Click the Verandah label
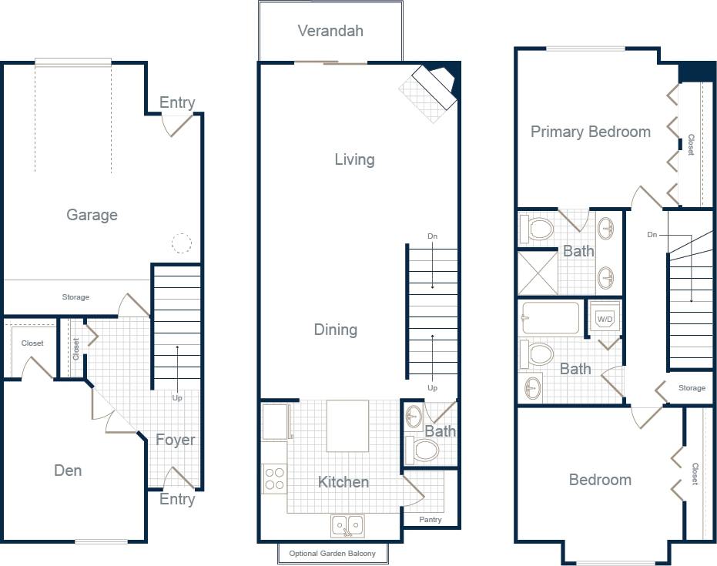pos(330,32)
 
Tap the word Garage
pos(92,215)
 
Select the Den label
pos(68,471)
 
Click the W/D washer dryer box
pos(605,318)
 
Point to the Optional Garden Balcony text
pos(332,554)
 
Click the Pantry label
pos(431,520)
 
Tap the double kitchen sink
pos(347,526)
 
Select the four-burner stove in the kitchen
pos(274,478)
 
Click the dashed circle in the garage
pos(180,244)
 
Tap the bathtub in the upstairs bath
pos(551,317)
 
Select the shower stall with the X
pos(538,273)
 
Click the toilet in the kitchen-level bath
pos(424,450)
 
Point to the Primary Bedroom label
pos(591,132)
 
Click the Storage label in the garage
pos(75,297)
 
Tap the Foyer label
pos(176,440)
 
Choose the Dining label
pos(336,330)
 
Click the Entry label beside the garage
pos(177,103)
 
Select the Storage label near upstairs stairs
pos(692,388)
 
